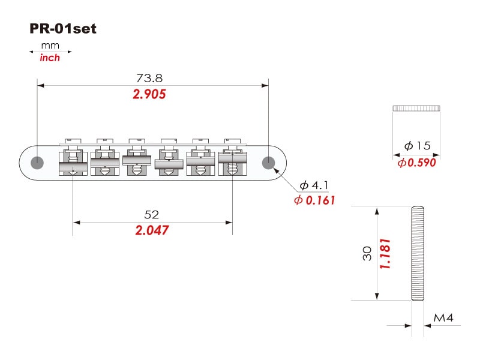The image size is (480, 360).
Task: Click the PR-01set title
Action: [63, 28]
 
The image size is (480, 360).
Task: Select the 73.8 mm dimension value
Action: [149, 78]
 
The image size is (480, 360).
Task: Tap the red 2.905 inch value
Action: [149, 94]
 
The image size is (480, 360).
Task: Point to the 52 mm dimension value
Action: [152, 215]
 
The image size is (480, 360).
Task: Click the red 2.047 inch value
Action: [152, 230]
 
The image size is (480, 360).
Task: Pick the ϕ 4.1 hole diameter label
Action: [314, 185]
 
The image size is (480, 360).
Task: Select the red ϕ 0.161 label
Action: [314, 200]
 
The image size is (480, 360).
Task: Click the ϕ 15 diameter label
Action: [417, 145]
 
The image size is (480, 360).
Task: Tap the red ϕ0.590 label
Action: [416, 163]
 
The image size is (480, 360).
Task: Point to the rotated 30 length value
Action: [367, 253]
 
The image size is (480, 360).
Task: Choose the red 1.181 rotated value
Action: [385, 254]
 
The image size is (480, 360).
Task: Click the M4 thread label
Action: [443, 318]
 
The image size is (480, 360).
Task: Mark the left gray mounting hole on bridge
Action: [37, 163]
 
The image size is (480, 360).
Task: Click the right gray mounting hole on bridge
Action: [268, 163]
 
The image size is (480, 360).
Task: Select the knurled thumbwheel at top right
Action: [416, 108]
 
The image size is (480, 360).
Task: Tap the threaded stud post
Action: [418, 253]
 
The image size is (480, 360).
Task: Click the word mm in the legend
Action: [50, 46]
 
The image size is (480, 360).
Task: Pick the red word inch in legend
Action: [50, 58]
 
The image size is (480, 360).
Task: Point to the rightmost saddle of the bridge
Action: [233, 158]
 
